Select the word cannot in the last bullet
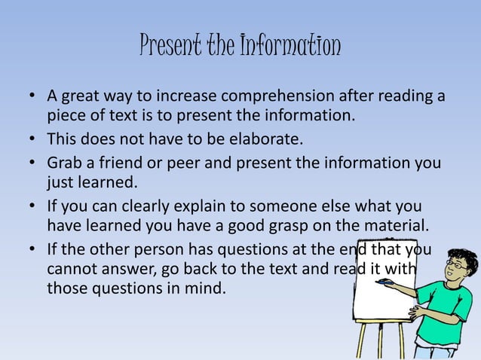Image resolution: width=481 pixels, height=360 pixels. click(72, 269)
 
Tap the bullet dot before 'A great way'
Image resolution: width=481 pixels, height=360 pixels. click(32, 98)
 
